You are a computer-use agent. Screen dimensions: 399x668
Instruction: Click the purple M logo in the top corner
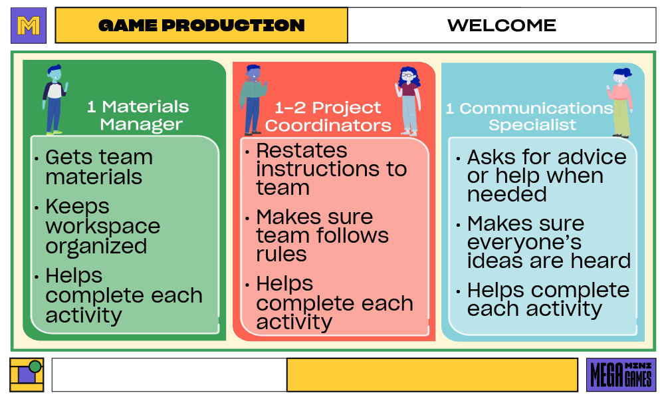[29, 25]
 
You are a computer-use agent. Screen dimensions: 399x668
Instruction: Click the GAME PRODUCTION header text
[201, 25]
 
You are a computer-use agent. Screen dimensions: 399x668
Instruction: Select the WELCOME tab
[501, 25]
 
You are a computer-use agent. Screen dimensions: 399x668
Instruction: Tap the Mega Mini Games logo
[621, 375]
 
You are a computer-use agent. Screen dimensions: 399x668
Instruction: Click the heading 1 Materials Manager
[138, 115]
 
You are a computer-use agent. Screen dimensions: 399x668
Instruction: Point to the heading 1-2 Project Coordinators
[328, 116]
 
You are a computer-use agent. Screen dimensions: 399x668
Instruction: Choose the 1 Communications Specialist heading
[530, 116]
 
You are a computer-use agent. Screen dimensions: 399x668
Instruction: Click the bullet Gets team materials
[98, 167]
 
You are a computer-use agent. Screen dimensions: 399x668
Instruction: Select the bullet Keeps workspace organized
[102, 226]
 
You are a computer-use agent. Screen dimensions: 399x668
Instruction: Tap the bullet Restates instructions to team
[330, 169]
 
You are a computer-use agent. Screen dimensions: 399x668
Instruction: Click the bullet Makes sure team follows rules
[322, 235]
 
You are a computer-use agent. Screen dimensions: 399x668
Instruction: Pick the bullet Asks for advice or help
[545, 176]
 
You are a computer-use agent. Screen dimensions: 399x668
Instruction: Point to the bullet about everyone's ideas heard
[548, 242]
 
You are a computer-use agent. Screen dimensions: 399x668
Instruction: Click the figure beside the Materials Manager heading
[55, 99]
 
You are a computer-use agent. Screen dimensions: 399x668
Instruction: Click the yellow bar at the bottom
[432, 375]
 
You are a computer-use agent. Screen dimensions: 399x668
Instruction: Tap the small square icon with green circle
[27, 375]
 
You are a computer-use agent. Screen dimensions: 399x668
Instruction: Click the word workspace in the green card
[102, 226]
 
